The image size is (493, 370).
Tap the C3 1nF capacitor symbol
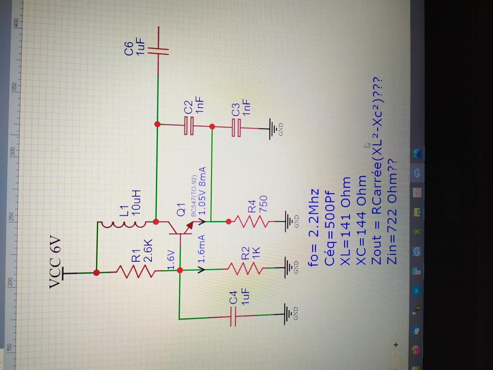click(x=236, y=126)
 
